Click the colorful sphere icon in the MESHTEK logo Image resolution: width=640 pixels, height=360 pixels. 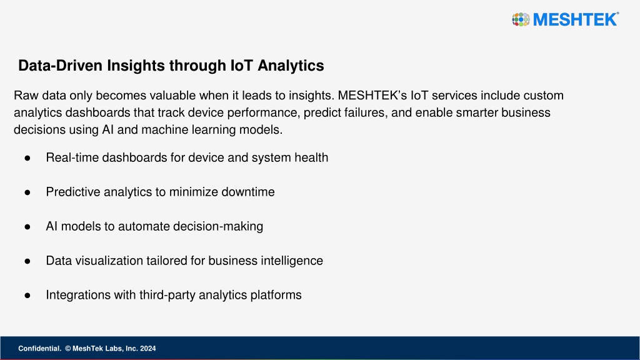(x=521, y=19)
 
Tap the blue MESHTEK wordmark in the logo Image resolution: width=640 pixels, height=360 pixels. (x=576, y=19)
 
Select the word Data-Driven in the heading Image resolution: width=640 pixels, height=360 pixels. (x=60, y=65)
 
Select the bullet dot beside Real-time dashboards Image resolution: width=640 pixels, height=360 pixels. (x=27, y=158)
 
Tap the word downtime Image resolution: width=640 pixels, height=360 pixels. (x=247, y=192)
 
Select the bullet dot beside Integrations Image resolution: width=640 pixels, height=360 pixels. (x=27, y=296)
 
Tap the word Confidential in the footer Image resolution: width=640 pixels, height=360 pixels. (x=39, y=349)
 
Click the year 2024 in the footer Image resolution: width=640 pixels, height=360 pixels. (x=147, y=349)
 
